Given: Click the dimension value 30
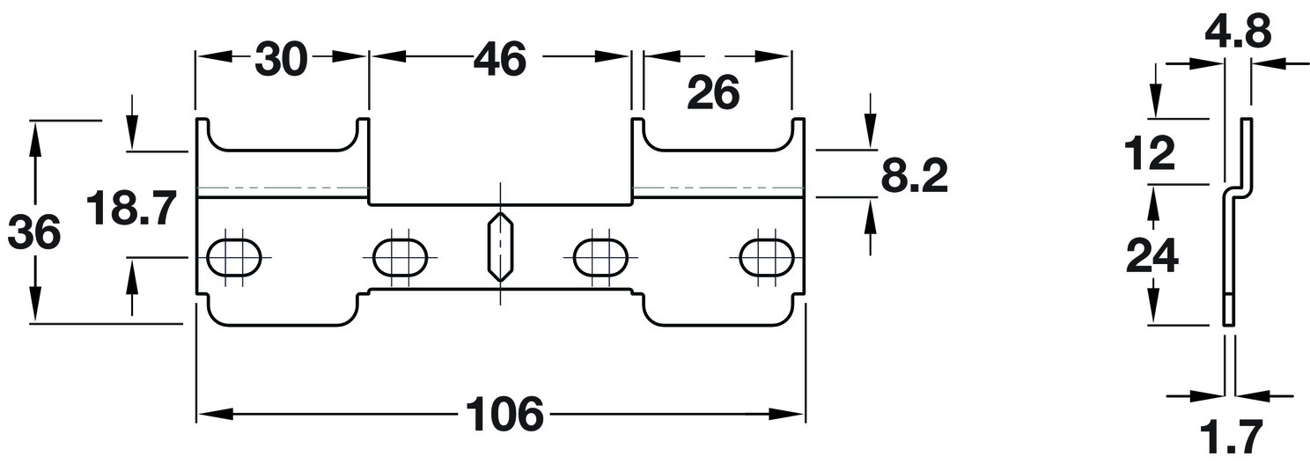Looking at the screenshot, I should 281,59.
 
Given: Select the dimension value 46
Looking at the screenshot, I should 498,59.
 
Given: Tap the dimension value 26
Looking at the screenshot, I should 713,93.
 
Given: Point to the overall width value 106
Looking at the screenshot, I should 504,415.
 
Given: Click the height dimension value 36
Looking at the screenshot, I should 34,234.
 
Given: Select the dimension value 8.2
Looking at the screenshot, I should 914,178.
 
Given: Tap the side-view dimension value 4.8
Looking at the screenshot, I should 1239,33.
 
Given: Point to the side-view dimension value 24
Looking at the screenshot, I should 1152,257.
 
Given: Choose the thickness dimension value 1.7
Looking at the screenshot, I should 1230,437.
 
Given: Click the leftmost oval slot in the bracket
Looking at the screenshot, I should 234,257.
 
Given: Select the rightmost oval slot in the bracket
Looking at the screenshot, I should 767,257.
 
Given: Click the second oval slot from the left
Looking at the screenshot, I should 400,257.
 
